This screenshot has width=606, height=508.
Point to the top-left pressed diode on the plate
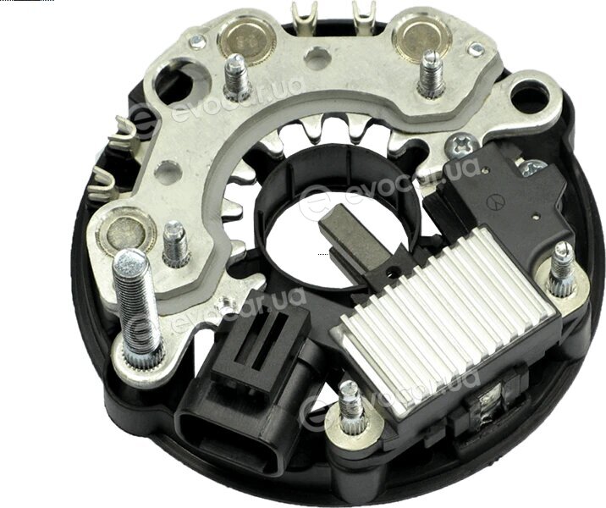245,41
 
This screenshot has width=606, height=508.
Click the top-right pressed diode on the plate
422,36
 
